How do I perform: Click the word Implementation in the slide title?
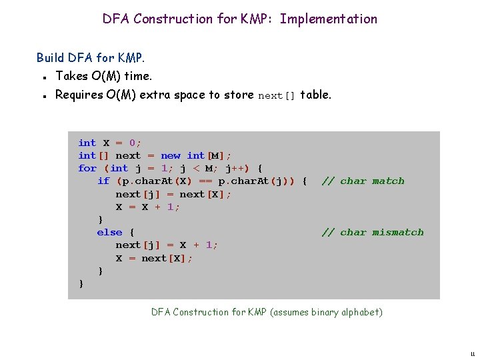[x=329, y=19]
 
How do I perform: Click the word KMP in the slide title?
[x=255, y=19]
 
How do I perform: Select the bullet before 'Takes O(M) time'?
[x=43, y=77]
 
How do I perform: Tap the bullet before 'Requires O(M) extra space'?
[x=43, y=95]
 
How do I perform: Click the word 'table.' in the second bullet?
[x=315, y=95]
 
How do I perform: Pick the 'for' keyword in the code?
[x=87, y=169]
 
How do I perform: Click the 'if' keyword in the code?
[x=103, y=181]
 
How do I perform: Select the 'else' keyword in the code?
[x=109, y=233]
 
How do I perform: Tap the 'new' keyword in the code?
[x=171, y=156]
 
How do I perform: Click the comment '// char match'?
[x=363, y=181]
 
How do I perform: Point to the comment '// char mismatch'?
[x=372, y=233]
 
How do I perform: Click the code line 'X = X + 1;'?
[x=148, y=207]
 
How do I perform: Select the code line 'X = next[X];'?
[x=154, y=259]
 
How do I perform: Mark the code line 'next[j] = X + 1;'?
[x=167, y=245]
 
